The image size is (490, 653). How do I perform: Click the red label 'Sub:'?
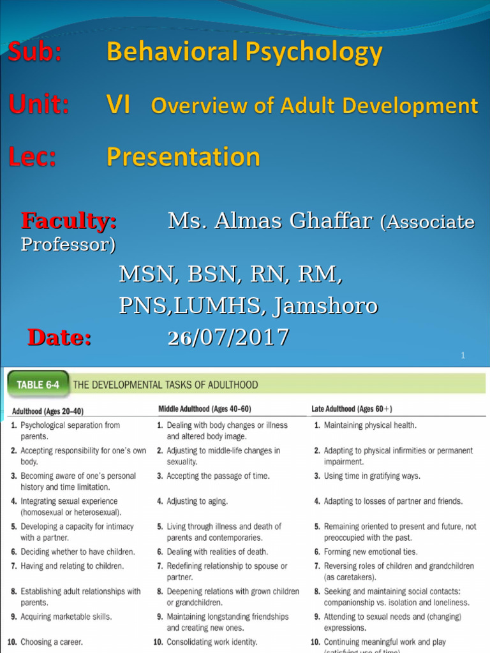point(35,53)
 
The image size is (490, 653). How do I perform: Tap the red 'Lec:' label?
point(33,157)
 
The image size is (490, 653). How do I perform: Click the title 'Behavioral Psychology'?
point(244,53)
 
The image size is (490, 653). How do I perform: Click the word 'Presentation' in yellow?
point(183,157)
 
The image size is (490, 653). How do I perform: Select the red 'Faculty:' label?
point(69,221)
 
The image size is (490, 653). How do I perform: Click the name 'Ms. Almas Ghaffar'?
point(269,221)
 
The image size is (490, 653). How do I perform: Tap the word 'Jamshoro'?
point(325,306)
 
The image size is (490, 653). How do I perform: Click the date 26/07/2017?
point(228,337)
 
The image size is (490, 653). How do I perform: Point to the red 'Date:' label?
point(59,338)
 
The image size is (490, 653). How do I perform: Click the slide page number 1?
point(463,356)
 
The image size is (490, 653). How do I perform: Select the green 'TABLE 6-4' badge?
point(37,385)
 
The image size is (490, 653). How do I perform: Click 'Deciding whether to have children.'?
point(77,552)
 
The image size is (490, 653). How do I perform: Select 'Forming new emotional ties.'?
point(371,552)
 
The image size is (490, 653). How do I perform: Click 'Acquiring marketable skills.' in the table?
point(66,617)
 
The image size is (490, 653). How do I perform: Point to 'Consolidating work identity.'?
point(212,642)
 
